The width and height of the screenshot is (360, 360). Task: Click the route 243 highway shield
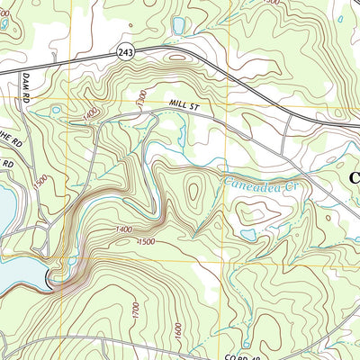point(124,55)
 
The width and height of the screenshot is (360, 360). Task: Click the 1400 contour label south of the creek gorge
point(124,230)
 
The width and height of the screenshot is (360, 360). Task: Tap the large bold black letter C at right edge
point(352,179)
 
